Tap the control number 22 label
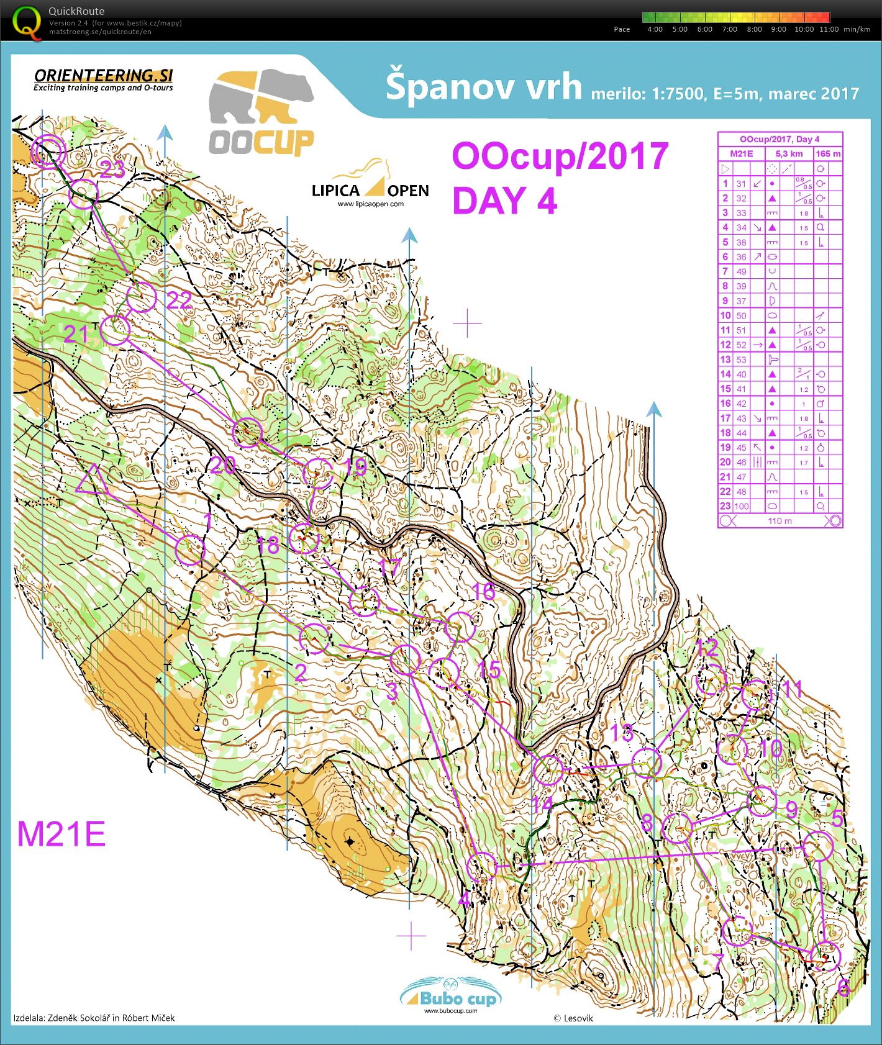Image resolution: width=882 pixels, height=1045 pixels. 180,301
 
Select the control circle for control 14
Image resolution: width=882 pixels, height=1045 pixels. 548,769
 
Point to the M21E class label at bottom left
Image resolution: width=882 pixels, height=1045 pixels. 61,834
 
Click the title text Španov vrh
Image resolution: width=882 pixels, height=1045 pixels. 483,87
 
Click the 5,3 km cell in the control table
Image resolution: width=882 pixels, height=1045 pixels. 789,153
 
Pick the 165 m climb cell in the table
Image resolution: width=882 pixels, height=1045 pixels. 828,153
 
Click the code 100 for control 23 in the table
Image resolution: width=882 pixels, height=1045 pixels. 742,506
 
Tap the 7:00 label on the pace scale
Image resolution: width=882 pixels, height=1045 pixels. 729,29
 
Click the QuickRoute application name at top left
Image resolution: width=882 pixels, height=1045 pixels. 76,11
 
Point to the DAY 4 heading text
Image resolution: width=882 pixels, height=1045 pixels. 504,201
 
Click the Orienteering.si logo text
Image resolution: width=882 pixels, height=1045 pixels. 103,76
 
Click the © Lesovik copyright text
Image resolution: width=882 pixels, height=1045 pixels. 573,1018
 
